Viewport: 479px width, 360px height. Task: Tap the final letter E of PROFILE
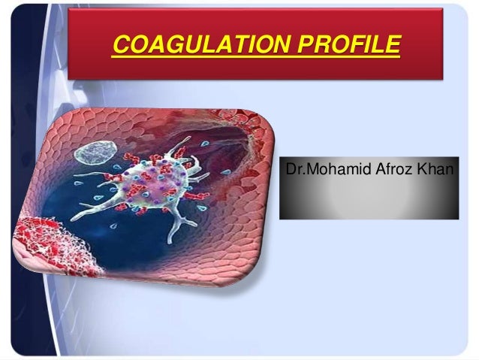click(x=393, y=45)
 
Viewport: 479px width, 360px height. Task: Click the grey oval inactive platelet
click(x=95, y=155)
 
